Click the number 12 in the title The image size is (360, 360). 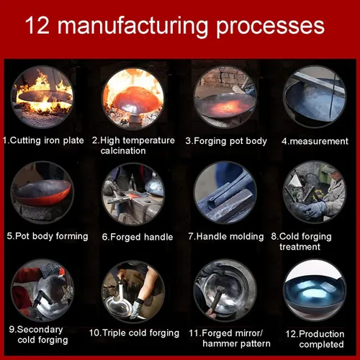pos(37,25)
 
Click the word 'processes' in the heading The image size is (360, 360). pos(271,27)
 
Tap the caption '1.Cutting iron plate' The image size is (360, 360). pos(43,140)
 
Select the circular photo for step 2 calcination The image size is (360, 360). pos(133,98)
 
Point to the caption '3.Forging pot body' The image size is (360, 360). pos(226,141)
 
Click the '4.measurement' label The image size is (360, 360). pos(315,141)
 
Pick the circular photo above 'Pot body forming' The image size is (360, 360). pos(42,192)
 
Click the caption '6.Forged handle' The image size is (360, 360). pos(138,237)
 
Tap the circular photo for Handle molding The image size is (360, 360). pos(225,192)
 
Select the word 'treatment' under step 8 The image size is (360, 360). pos(300,247)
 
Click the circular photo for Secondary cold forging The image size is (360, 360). pos(42,290)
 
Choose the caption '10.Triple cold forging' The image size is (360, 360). pos(134,333)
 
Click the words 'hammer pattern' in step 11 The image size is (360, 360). pos(236,343)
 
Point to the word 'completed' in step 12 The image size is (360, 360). pos(322,345)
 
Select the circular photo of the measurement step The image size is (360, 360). pos(315,96)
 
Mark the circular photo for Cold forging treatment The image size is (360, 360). pos(315,192)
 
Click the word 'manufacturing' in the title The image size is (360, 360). pos(132,27)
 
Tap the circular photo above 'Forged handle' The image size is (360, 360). pos(133,194)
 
